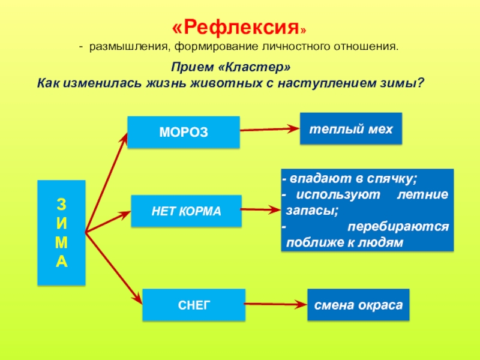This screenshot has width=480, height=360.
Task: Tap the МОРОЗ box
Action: click(x=184, y=132)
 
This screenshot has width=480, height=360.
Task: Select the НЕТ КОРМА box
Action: click(x=186, y=211)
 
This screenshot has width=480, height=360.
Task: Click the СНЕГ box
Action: click(x=194, y=305)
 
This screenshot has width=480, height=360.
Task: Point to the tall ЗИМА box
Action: click(x=62, y=232)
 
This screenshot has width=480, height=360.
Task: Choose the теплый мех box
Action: click(x=351, y=128)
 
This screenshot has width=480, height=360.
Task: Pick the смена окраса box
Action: click(x=359, y=304)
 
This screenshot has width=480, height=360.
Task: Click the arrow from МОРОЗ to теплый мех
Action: click(x=270, y=128)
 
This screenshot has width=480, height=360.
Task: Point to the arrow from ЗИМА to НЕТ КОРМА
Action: click(x=108, y=221)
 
